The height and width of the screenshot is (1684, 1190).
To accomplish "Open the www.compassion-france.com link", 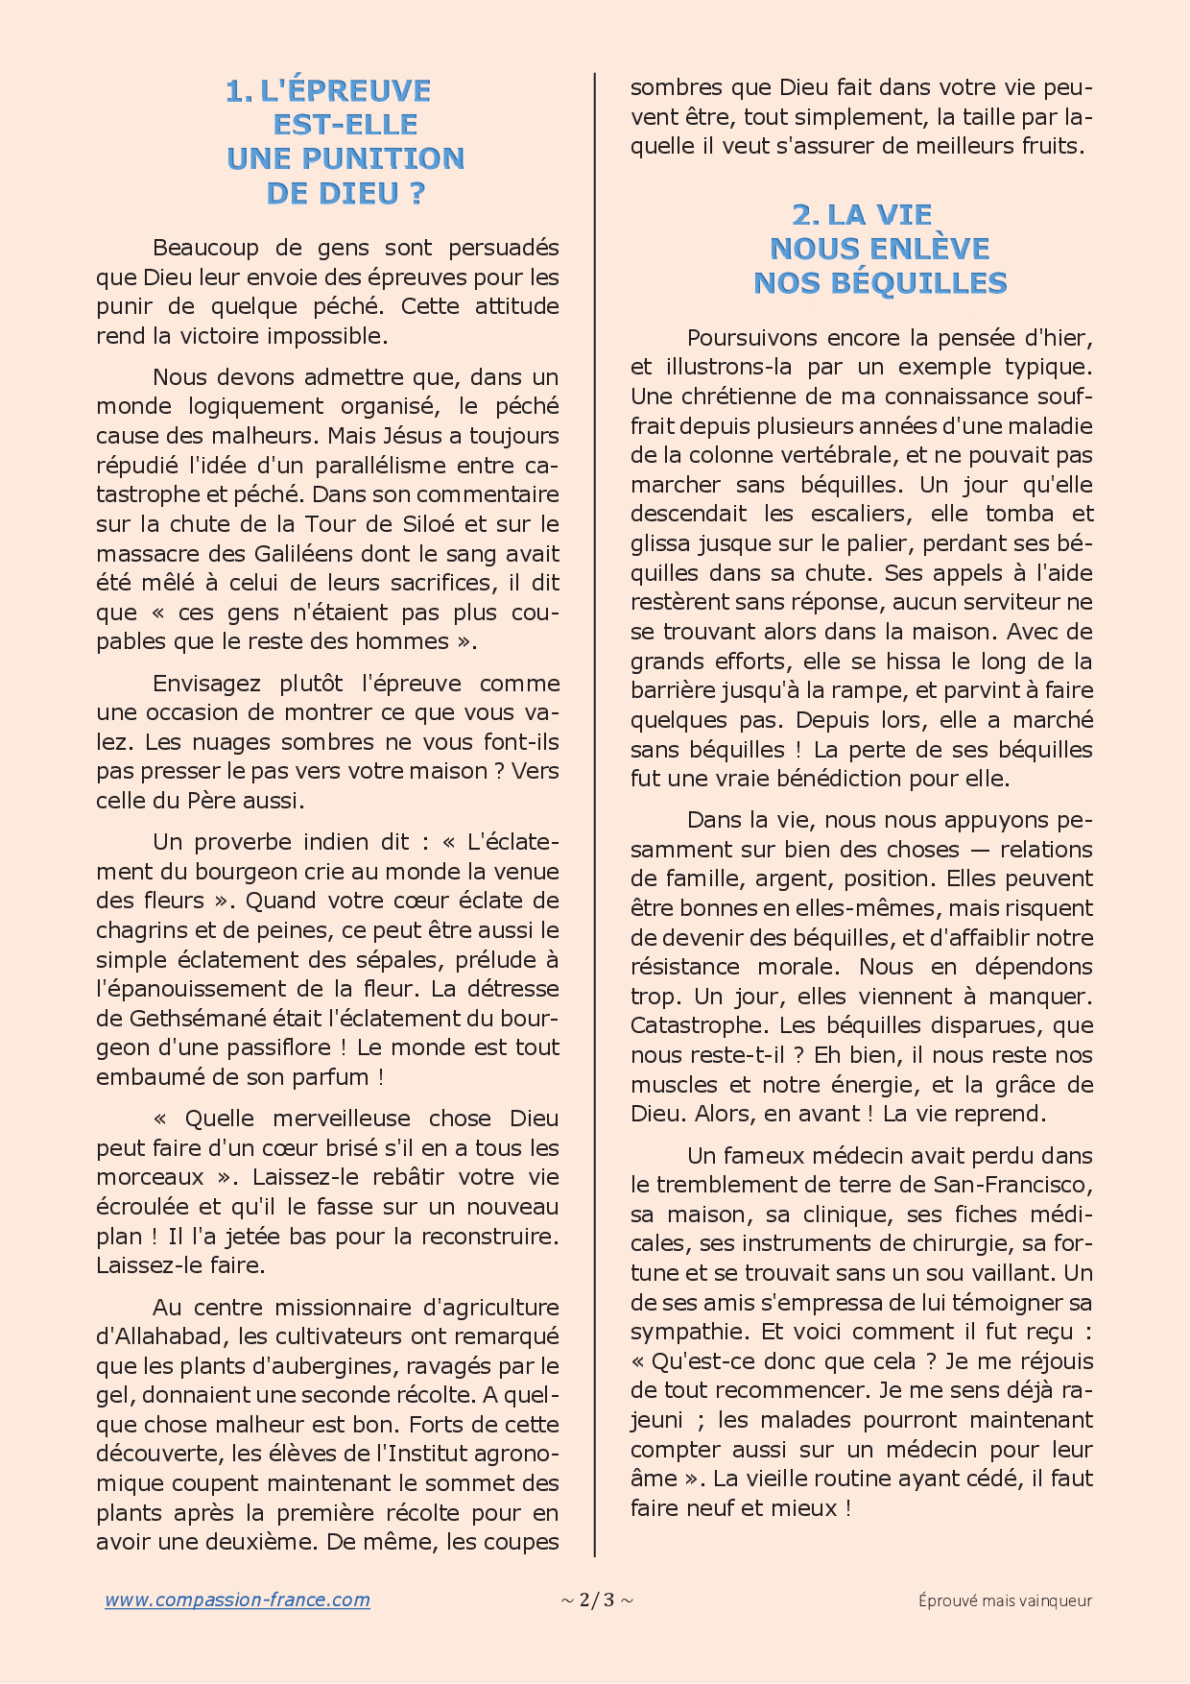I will coord(237,1600).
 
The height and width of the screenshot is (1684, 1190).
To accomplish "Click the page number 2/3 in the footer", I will coord(596,1600).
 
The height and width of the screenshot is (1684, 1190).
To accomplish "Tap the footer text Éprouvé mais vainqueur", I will coord(1005,1600).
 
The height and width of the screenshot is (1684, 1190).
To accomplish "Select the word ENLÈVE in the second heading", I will coord(929,249).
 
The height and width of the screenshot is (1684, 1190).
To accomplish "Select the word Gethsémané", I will coord(191,1019).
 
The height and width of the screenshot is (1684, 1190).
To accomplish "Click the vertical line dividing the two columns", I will coord(595,768).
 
